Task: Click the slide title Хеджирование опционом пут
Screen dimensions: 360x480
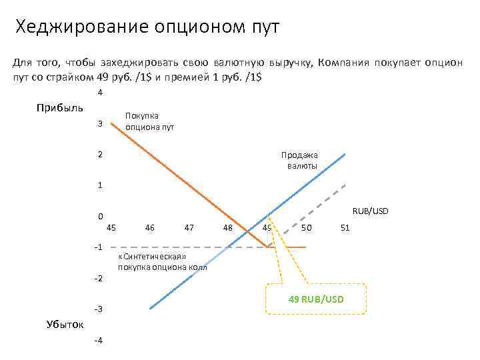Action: (x=147, y=27)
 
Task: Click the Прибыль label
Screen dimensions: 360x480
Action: (x=60, y=108)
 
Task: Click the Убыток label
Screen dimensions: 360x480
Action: (x=65, y=324)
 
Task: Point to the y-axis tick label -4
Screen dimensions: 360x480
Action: (x=98, y=341)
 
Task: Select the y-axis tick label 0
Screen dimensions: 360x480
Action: (x=99, y=217)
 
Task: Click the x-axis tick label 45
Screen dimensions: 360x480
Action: (x=111, y=228)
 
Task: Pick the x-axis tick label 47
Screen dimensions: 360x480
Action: (x=189, y=228)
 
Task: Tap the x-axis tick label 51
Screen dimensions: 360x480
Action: (x=345, y=228)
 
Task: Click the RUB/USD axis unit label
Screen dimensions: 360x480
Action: (x=370, y=211)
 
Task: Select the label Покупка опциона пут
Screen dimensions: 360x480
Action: (x=149, y=121)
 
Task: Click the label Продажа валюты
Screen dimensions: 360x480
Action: (x=303, y=160)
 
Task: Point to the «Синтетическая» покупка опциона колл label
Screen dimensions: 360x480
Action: (x=162, y=263)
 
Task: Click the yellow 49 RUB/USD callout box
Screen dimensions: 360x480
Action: (x=315, y=298)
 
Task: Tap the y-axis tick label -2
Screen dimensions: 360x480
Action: (x=98, y=279)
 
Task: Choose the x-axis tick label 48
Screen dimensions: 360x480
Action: (x=228, y=228)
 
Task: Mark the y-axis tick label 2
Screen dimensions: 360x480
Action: (x=99, y=154)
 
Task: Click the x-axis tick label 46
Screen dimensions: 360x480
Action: (x=150, y=228)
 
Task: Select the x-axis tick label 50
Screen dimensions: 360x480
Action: (x=306, y=228)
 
